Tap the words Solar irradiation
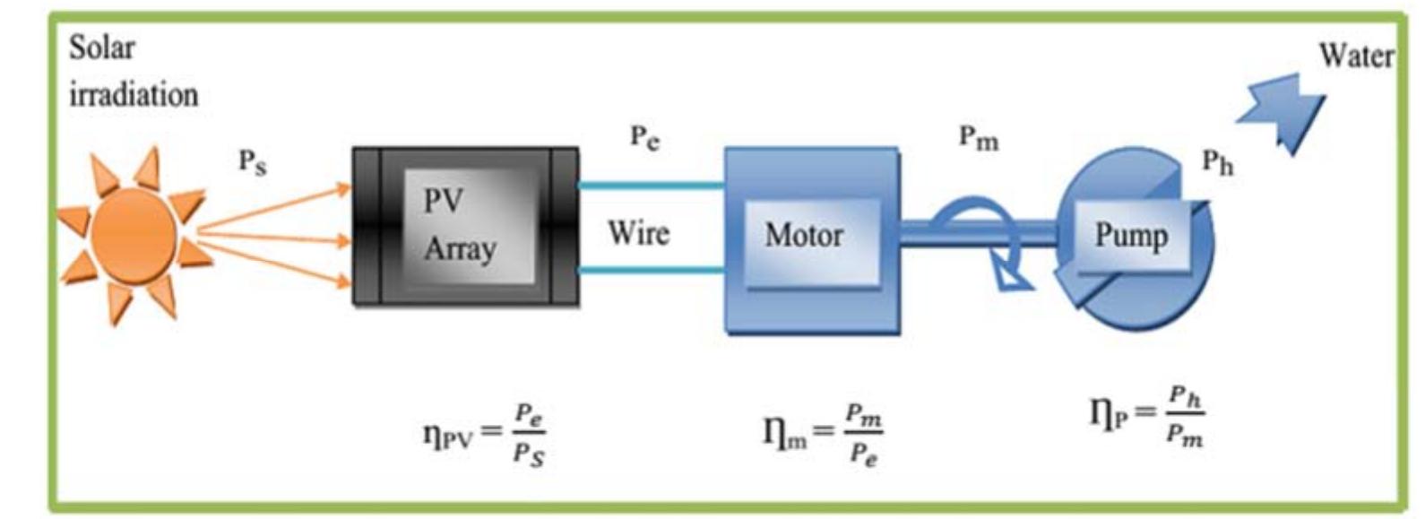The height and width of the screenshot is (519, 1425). pyautogui.click(x=132, y=71)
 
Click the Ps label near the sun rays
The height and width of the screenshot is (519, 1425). pyautogui.click(x=252, y=162)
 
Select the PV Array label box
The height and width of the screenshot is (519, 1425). pyautogui.click(x=459, y=225)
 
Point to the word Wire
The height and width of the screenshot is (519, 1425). pyautogui.click(x=638, y=233)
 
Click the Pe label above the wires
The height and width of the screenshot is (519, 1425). pyautogui.click(x=644, y=138)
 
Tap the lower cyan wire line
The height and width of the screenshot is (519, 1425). pyautogui.click(x=651, y=269)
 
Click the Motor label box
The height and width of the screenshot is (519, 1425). pyautogui.click(x=804, y=236)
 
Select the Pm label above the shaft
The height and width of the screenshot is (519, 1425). pyautogui.click(x=978, y=138)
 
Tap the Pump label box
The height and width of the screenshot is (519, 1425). pyautogui.click(x=1131, y=236)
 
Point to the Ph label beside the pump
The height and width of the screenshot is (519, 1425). pyautogui.click(x=1217, y=163)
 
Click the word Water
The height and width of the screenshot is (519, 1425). pyautogui.click(x=1355, y=56)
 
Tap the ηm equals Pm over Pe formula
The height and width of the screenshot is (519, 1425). pyautogui.click(x=822, y=434)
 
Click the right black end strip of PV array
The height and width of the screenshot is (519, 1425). pyautogui.click(x=564, y=227)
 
